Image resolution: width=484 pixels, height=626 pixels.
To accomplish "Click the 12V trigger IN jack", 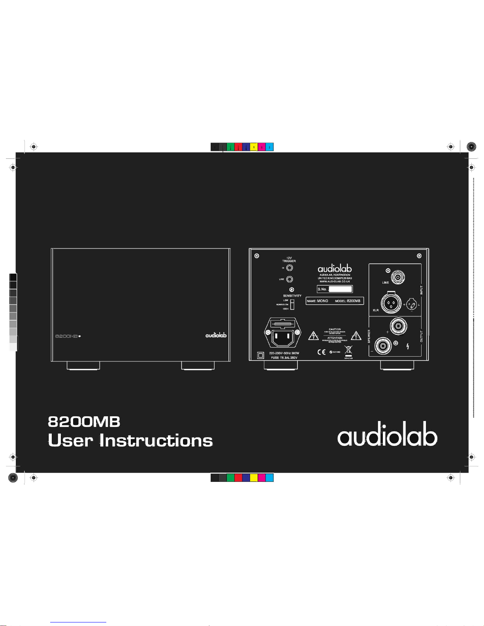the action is [x=290, y=268].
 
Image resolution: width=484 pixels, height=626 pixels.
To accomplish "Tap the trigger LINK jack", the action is [x=290, y=279].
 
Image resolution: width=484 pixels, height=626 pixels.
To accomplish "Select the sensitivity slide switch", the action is [x=292, y=305].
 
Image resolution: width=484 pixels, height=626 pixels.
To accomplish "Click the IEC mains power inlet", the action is [x=283, y=336].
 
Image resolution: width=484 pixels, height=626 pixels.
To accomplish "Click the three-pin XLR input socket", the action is [x=391, y=303].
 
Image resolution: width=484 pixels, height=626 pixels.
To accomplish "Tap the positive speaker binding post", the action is [x=398, y=326].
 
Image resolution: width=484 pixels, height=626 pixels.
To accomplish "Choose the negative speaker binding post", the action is [x=383, y=346].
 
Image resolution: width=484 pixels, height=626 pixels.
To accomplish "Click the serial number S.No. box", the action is [x=335, y=289].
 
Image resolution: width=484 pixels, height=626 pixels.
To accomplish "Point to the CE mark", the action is [x=322, y=352].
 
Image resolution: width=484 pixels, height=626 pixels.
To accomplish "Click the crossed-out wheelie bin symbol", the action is [x=348, y=350].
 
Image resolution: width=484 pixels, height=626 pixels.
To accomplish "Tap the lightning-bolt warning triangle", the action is [x=313, y=336].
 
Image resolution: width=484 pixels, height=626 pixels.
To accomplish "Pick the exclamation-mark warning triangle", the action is [x=356, y=336].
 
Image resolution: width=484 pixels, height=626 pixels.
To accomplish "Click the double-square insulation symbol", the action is [x=260, y=355].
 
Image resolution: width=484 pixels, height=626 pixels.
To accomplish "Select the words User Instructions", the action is [x=130, y=440].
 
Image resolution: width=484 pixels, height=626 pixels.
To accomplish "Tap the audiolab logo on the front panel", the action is [x=216, y=335].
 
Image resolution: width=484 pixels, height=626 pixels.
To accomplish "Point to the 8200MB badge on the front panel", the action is [x=67, y=336].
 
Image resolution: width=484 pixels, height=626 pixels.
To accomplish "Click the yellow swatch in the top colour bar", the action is [x=254, y=147].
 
